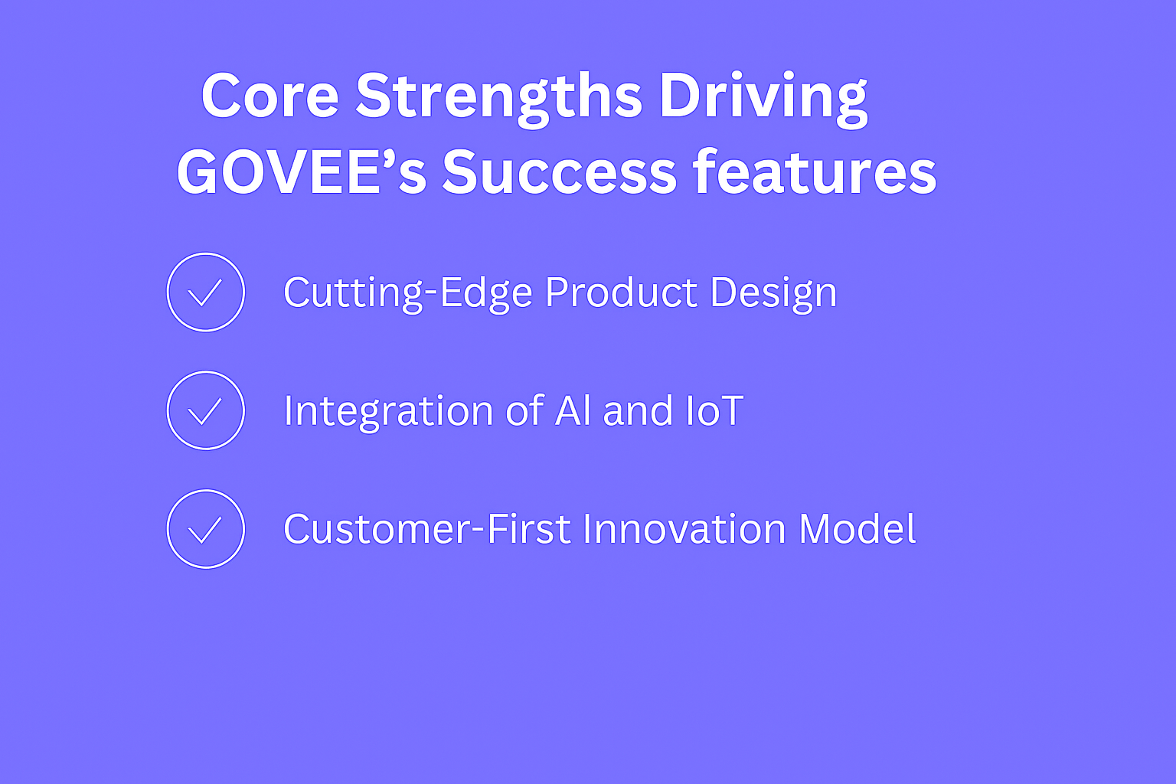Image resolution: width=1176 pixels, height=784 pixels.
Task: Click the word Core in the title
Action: point(269,96)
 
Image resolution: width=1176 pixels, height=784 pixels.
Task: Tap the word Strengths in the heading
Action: point(498,100)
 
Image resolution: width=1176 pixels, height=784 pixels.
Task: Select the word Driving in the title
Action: point(763,100)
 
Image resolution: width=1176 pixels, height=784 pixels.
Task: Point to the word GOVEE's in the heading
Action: point(302,172)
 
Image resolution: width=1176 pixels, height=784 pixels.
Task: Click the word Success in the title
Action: point(560,172)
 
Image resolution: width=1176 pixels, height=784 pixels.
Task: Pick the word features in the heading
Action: point(815,171)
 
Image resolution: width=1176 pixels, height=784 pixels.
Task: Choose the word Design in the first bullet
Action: point(773,293)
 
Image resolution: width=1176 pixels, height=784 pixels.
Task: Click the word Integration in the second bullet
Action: point(388,412)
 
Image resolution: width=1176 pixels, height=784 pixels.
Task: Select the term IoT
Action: point(715,410)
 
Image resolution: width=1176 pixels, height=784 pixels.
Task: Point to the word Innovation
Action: point(684,528)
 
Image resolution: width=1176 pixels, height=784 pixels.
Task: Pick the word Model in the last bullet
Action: point(857,528)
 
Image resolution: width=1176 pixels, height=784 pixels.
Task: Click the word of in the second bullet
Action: point(524,410)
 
